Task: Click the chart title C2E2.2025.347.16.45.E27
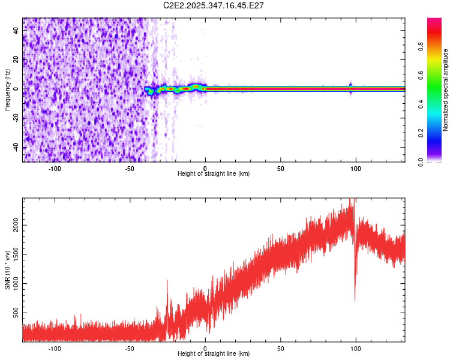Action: coord(214,5)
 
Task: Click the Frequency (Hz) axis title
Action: coord(7,89)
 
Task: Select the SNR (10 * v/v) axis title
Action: coord(7,269)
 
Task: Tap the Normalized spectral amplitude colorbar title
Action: coord(446,90)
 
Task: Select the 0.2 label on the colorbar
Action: coord(421,133)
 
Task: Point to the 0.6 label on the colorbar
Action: coord(421,74)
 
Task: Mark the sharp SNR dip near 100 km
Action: coord(355,298)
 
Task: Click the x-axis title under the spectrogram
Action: coord(214,174)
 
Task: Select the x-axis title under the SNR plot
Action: coord(214,354)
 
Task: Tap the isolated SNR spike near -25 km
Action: coord(167,281)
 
